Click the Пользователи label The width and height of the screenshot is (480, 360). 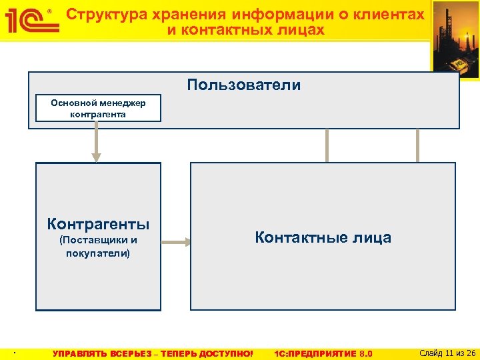click(x=243, y=85)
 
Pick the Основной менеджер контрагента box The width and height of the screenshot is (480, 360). click(x=98, y=109)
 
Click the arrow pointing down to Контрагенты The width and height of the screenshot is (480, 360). click(x=97, y=144)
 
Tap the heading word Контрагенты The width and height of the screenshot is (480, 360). click(x=98, y=223)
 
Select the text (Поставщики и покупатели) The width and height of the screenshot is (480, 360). click(x=98, y=247)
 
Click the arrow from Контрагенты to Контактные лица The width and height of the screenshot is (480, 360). click(x=176, y=243)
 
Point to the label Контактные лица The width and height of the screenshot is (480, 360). click(x=323, y=237)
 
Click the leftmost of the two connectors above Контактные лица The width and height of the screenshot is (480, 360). click(x=327, y=145)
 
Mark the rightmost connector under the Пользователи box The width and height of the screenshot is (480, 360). click(x=418, y=145)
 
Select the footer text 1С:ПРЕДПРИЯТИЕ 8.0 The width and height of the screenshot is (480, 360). click(x=323, y=353)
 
